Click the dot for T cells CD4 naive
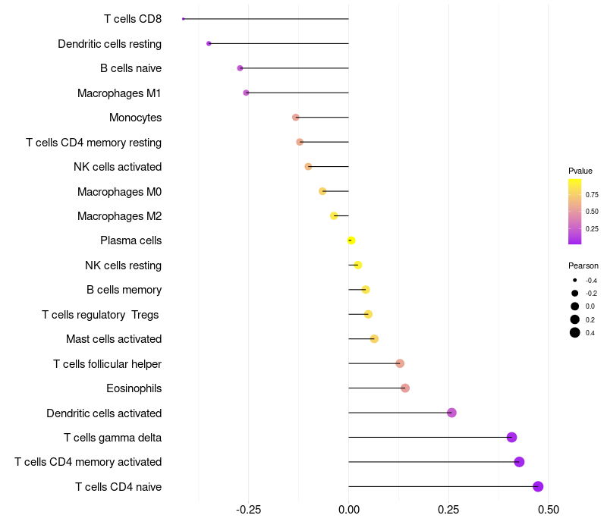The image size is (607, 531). pyautogui.click(x=538, y=486)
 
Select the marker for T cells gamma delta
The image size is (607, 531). pyautogui.click(x=511, y=437)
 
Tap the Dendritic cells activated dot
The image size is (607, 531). pyautogui.click(x=451, y=413)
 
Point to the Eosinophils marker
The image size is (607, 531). pyautogui.click(x=404, y=388)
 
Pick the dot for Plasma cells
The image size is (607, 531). pyautogui.click(x=351, y=240)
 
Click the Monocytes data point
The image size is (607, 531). pyautogui.click(x=296, y=117)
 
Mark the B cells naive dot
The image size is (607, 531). pyautogui.click(x=240, y=68)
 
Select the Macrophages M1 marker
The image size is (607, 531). pyautogui.click(x=246, y=93)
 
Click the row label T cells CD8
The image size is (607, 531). pyautogui.click(x=132, y=19)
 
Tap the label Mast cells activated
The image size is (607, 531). pyautogui.click(x=114, y=339)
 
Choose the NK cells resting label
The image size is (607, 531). pyautogui.click(x=123, y=265)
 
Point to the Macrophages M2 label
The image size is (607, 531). pyautogui.click(x=119, y=216)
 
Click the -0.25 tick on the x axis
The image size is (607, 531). pyautogui.click(x=249, y=510)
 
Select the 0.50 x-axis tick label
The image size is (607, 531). pyautogui.click(x=548, y=510)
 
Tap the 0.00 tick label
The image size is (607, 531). pyautogui.click(x=348, y=510)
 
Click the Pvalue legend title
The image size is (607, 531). pyautogui.click(x=580, y=171)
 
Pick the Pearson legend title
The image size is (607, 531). pyautogui.click(x=583, y=265)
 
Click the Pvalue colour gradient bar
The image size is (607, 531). pyautogui.click(x=574, y=212)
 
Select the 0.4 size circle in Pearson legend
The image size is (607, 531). pyautogui.click(x=575, y=332)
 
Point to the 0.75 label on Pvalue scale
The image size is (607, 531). pyautogui.click(x=592, y=195)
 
